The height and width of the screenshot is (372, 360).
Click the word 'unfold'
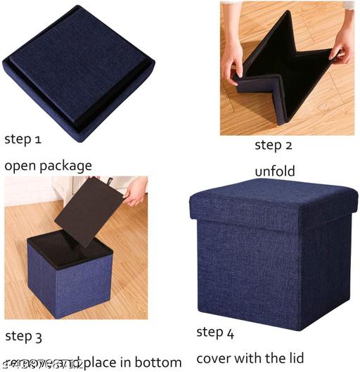click(274, 172)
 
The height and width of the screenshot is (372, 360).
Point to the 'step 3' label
click(23, 336)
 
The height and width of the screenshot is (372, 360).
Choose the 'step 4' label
click(219, 332)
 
